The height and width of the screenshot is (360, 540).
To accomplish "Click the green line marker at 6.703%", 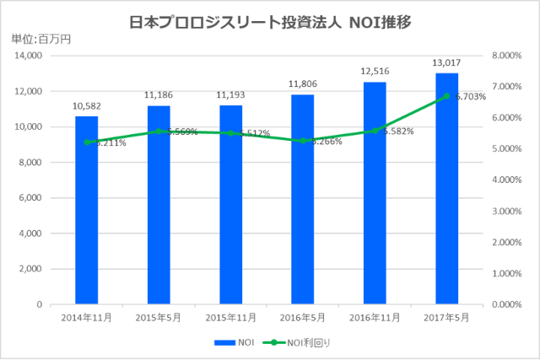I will point(446,96).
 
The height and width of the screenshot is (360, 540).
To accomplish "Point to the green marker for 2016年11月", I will point(375,131).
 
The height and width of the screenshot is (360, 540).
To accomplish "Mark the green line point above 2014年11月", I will point(86,142).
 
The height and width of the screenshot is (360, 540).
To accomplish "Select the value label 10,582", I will point(86,108).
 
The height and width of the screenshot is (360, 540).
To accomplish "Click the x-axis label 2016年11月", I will point(375,318).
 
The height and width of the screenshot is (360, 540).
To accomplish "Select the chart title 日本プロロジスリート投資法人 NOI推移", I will point(270,22).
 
